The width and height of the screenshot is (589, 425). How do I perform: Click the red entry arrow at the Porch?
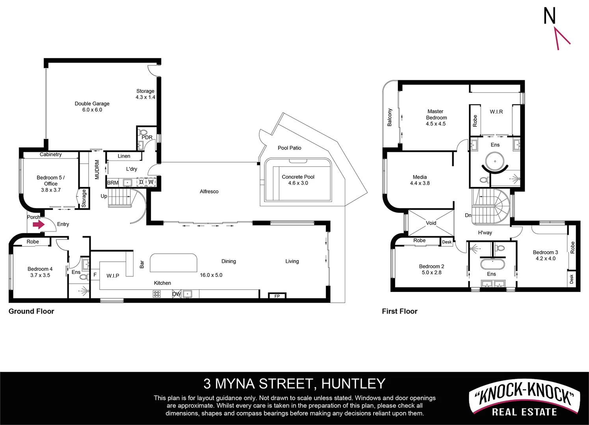click(38, 225)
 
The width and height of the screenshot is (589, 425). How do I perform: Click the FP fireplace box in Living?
click(277, 296)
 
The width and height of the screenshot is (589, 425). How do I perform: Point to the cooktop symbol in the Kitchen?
click(157, 294)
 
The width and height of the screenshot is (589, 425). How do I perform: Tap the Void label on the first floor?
click(431, 223)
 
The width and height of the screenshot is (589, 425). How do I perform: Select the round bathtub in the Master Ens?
click(495, 161)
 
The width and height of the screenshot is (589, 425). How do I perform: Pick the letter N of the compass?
click(549, 16)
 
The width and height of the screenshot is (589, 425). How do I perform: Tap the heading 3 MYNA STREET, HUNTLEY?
click(294, 384)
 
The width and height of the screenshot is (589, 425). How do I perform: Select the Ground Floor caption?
click(31, 311)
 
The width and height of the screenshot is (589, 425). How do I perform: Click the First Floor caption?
click(399, 311)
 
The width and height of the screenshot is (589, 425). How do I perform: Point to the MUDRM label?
click(97, 170)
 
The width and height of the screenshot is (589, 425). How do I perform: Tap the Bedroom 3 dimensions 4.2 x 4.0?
click(545, 259)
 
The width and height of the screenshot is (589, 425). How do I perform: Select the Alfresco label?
click(209, 192)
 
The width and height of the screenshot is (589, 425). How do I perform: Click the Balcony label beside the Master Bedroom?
click(390, 117)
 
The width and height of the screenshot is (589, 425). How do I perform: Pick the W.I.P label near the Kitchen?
click(113, 276)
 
